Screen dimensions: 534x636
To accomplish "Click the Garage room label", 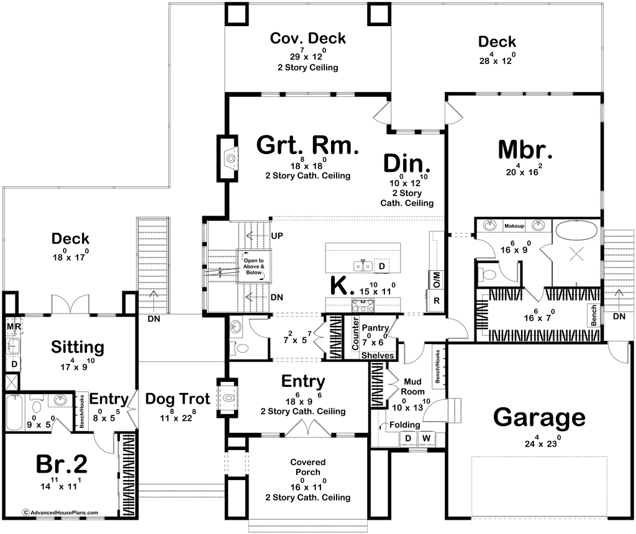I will (x=539, y=418).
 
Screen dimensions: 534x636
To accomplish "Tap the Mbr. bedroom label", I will (x=525, y=151).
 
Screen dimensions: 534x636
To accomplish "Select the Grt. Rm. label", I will (x=308, y=147).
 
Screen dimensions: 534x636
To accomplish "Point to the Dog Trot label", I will (x=178, y=399).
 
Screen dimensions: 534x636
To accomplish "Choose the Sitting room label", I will (x=60, y=347).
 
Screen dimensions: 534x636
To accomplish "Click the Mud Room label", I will (x=414, y=386).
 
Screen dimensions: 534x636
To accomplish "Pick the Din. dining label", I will (x=407, y=164).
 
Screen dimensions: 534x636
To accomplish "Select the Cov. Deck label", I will (x=307, y=38).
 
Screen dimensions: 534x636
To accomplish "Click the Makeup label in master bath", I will (x=514, y=224).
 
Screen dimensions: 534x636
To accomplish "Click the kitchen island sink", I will (x=363, y=266).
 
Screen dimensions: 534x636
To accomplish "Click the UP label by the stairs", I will (x=276, y=237).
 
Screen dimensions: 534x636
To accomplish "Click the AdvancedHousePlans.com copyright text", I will (x=60, y=513).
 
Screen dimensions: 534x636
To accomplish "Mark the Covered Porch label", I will (x=307, y=468).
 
